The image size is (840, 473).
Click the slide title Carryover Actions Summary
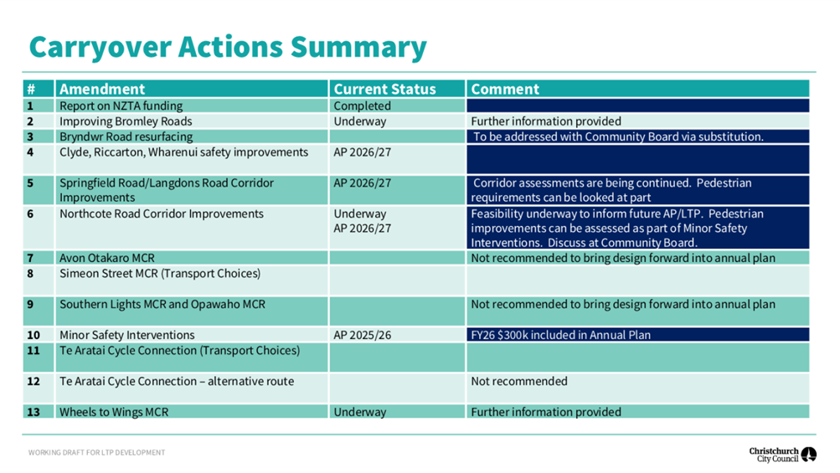(x=228, y=48)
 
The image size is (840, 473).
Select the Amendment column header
(x=102, y=89)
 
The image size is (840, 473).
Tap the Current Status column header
(x=384, y=89)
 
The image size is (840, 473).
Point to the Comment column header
(x=505, y=89)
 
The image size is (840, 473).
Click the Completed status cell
(x=362, y=106)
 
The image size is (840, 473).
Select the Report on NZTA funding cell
(x=121, y=106)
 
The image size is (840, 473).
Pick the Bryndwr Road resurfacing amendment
(x=126, y=136)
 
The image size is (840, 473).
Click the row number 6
(x=30, y=213)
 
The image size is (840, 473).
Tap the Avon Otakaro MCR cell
(x=107, y=258)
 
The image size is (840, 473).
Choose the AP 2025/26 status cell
(x=362, y=336)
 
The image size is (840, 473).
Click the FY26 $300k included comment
(x=561, y=336)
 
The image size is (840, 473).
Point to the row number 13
(x=33, y=412)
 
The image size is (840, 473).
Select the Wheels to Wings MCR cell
(x=114, y=412)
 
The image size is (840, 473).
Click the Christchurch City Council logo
(x=783, y=455)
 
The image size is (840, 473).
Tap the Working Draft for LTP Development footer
(x=96, y=453)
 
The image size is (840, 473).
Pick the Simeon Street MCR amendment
(x=160, y=274)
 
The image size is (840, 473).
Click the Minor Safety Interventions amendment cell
(x=127, y=336)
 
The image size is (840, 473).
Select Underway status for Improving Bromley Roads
(x=360, y=121)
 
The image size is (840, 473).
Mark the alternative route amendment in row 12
(x=177, y=382)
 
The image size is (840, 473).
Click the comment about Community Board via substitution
(x=618, y=136)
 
